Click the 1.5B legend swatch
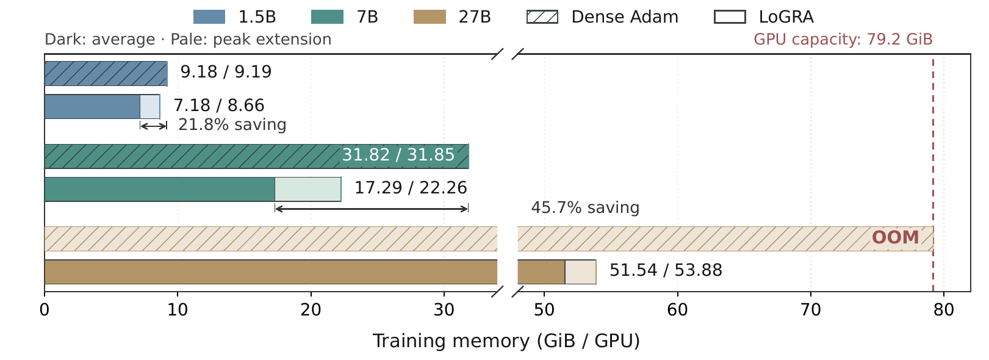(209, 17)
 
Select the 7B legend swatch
(327, 17)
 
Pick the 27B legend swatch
(430, 17)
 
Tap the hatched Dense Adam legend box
(542, 17)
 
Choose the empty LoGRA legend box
(730, 17)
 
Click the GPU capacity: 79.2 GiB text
(843, 39)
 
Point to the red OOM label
(896, 237)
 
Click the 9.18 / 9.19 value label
(226, 72)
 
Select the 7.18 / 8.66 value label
(219, 106)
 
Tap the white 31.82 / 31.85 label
(398, 155)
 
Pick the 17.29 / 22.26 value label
(411, 188)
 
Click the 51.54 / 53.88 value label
(666, 270)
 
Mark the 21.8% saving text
(232, 125)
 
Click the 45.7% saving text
(585, 207)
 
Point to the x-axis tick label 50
(544, 310)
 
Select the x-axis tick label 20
(311, 310)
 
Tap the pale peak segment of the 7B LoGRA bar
(308, 190)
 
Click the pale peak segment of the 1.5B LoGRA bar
(150, 106)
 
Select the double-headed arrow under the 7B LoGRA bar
(372, 209)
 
